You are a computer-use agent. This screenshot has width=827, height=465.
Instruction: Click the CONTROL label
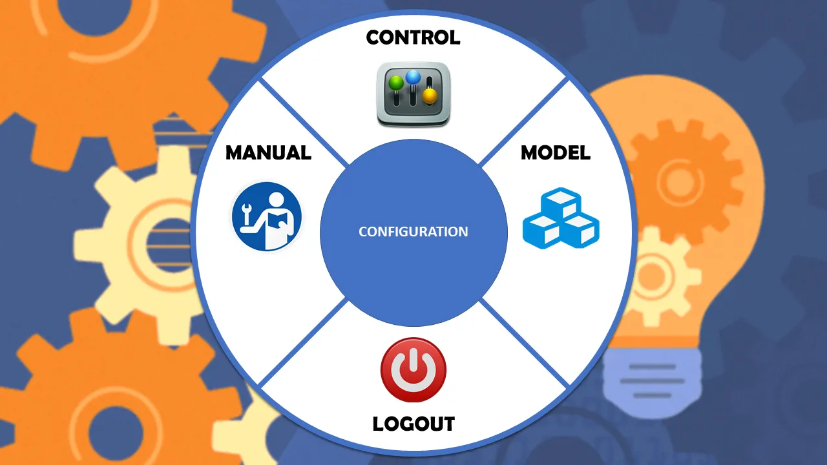[413, 37]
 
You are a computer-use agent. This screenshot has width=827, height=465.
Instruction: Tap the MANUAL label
[268, 152]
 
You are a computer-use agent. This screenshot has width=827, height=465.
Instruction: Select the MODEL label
[556, 152]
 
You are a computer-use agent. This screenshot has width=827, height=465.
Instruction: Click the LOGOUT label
[413, 424]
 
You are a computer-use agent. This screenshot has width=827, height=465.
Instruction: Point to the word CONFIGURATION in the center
[413, 231]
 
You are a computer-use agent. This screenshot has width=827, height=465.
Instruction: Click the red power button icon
[413, 370]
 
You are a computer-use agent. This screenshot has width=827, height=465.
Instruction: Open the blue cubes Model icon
[560, 218]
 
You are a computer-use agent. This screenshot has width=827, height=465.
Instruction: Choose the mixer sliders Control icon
[413, 94]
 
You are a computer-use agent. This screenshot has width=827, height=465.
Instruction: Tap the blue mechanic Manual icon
[266, 217]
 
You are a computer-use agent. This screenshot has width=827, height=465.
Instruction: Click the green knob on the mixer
[395, 84]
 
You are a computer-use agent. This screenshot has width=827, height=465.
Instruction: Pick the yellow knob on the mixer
[430, 97]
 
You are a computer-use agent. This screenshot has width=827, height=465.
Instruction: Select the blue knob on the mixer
[413, 77]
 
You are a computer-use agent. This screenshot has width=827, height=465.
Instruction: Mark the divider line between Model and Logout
[523, 342]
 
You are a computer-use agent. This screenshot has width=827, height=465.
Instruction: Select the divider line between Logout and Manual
[304, 342]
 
